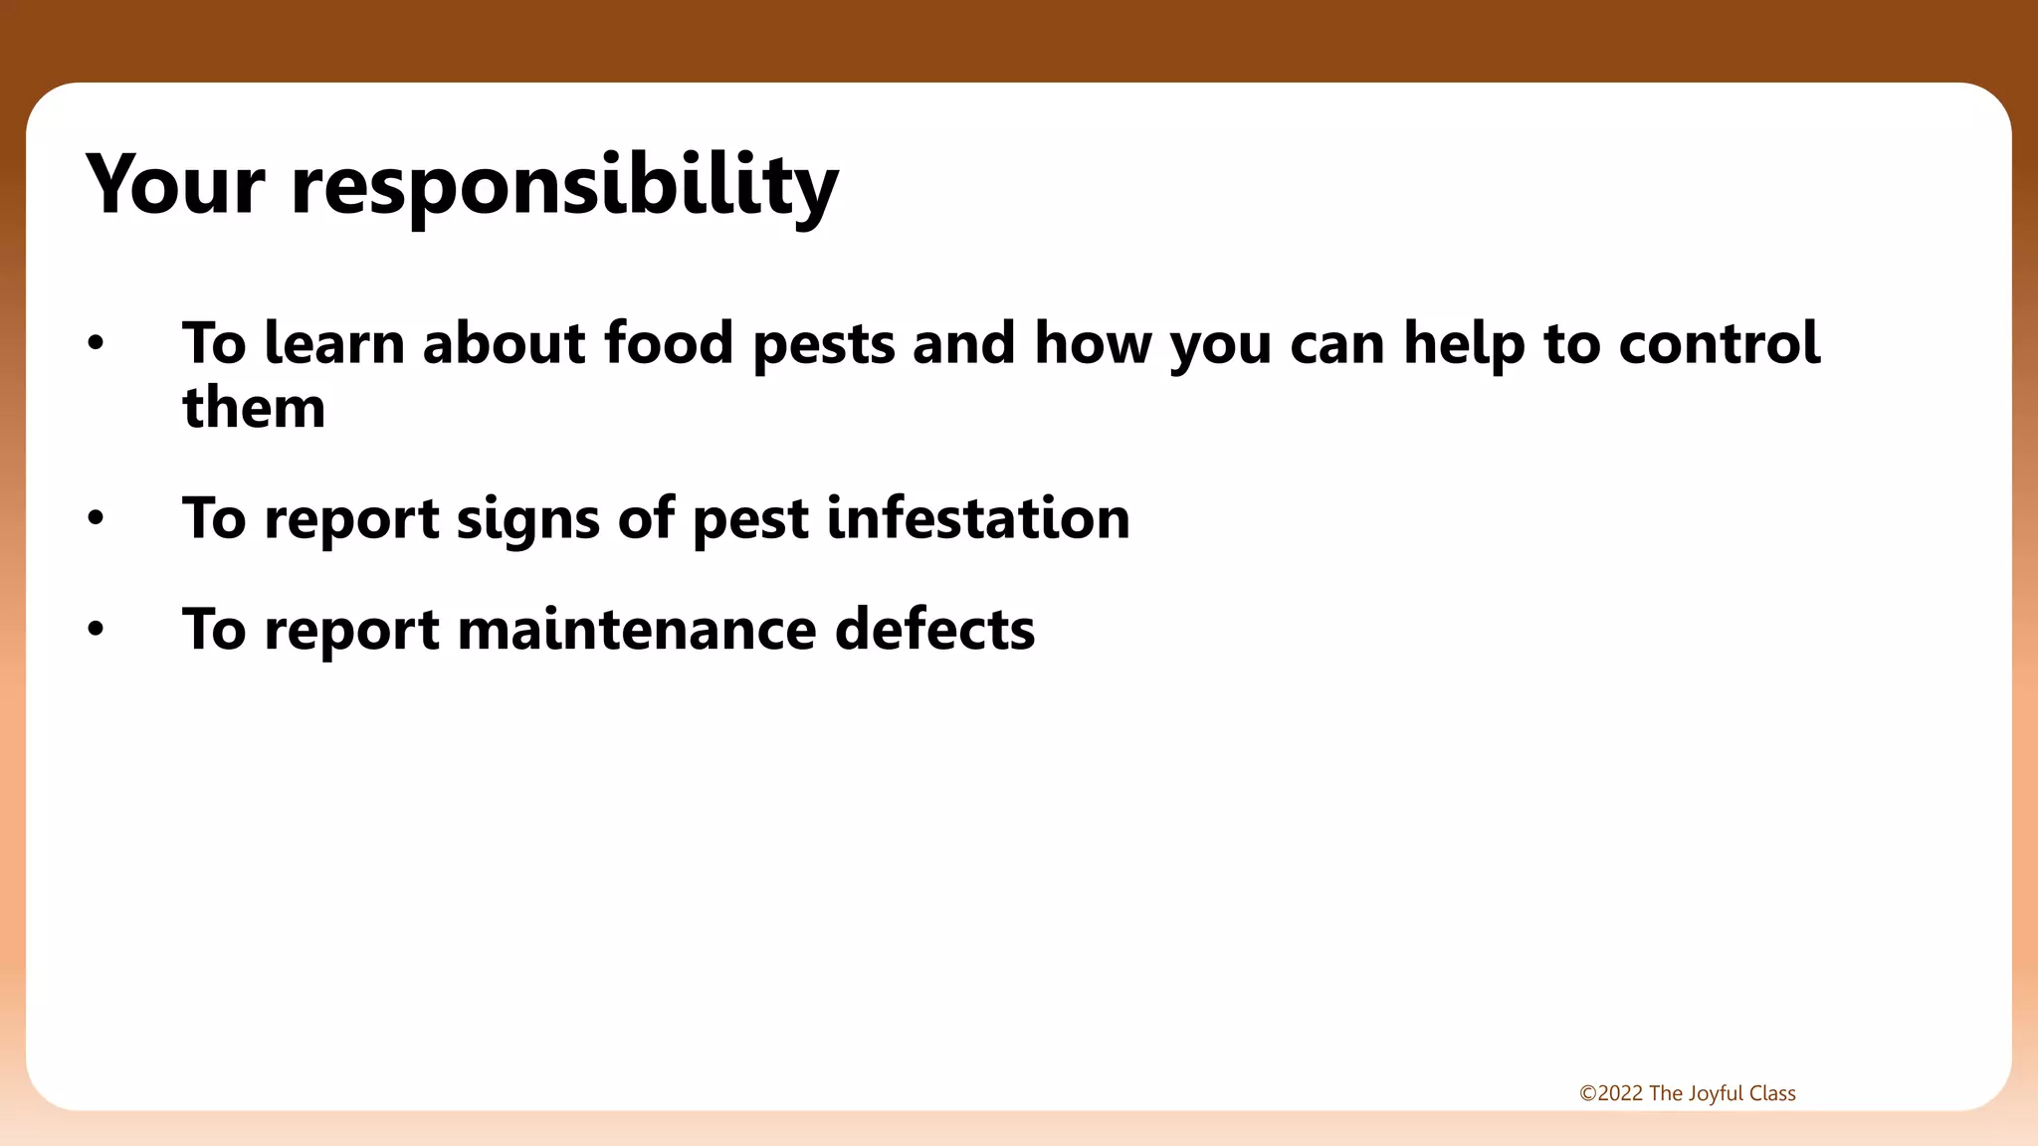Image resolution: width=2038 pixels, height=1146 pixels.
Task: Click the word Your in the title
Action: click(x=175, y=185)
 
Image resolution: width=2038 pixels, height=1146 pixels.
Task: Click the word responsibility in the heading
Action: click(x=564, y=187)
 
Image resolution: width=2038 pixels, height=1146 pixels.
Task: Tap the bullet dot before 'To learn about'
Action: click(x=96, y=344)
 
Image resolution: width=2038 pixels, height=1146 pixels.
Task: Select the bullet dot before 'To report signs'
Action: click(x=96, y=518)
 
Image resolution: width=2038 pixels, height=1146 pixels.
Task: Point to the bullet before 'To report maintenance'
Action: click(x=96, y=630)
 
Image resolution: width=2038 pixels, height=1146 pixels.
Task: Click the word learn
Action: click(x=334, y=344)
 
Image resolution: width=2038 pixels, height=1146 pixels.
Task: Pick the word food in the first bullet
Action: click(x=668, y=344)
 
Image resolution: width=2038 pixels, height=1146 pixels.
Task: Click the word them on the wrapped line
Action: click(x=254, y=408)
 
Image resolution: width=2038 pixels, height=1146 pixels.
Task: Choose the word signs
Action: click(x=527, y=520)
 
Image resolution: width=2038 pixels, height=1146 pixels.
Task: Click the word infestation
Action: click(x=978, y=518)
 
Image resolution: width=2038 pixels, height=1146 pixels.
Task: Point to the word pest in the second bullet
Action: click(x=750, y=520)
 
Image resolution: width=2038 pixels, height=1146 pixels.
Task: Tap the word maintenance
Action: click(x=637, y=630)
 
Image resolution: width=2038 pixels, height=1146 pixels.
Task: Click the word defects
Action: click(x=934, y=630)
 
